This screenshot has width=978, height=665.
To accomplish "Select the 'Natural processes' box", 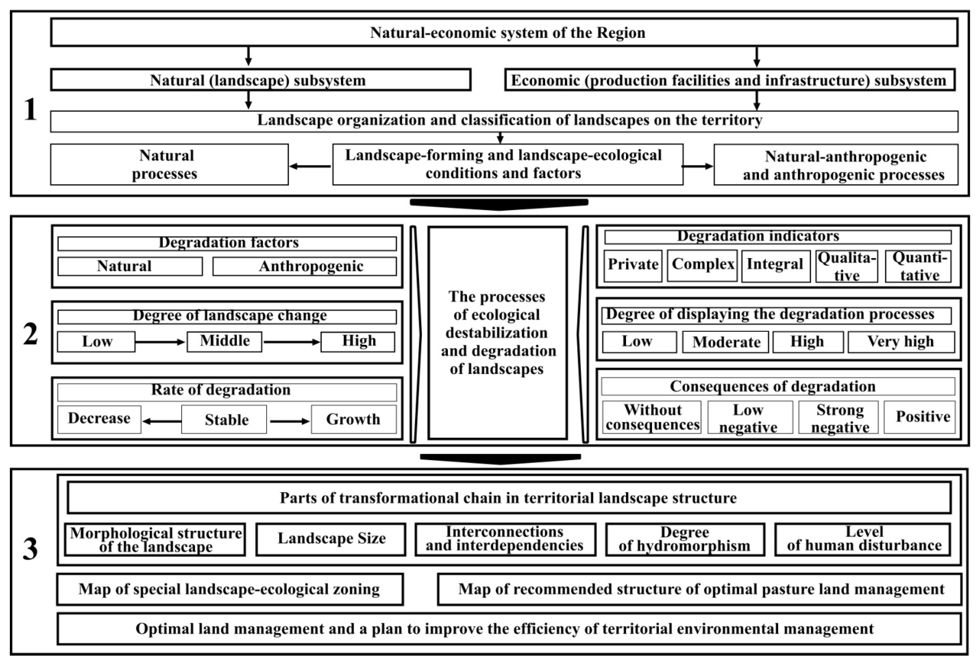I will tap(169, 164).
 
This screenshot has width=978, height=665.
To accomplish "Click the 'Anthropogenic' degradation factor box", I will tap(304, 266).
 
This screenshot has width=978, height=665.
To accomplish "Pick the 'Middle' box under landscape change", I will tap(224, 341).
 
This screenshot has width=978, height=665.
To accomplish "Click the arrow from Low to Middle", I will tap(160, 342).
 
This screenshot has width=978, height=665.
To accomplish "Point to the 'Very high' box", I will tap(901, 342).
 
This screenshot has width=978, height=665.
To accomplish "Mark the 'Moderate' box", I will tap(726, 342).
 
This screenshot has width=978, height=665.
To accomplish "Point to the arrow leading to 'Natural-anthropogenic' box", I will tap(697, 166).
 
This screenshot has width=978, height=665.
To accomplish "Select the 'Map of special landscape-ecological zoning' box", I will tap(230, 589).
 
